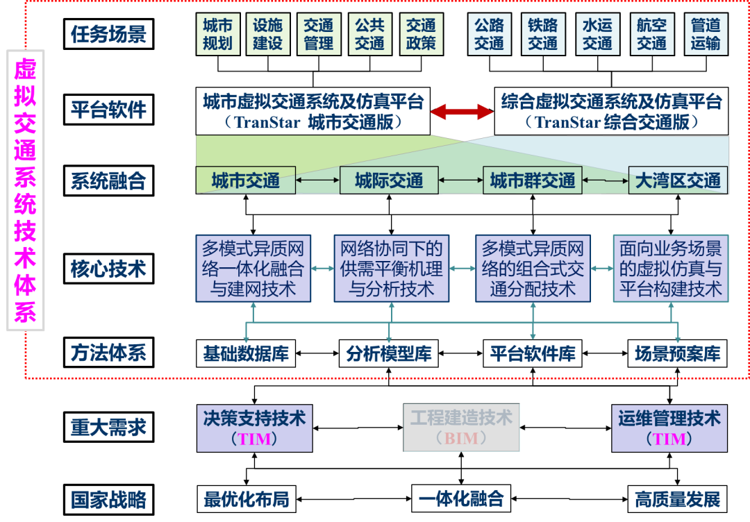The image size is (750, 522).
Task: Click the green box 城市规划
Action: pos(217,35)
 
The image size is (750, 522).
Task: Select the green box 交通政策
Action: pos(421,35)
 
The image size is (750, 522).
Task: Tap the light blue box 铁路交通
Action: pos(542,35)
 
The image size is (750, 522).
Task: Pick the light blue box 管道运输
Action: pos(706,35)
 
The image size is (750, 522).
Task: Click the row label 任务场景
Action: pos(108,35)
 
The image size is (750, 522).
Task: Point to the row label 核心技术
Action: pos(108,269)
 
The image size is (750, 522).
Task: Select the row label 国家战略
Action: pos(108,500)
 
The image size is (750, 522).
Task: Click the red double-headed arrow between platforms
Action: pos(461,111)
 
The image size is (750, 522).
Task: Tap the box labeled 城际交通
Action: pos(389,180)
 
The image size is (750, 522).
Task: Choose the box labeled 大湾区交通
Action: pos(678,180)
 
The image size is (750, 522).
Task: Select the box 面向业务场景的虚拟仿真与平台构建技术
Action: pos(670,269)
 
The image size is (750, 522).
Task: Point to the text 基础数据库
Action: pos(246,354)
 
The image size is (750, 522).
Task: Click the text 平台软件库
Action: pos(533,354)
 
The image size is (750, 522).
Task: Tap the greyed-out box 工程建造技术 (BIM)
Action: pos(461,428)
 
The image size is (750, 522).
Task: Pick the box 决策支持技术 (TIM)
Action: pos(254,428)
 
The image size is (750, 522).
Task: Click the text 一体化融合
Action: pos(461,499)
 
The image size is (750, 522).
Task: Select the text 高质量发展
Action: pos(678,499)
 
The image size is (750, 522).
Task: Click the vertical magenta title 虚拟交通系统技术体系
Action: pos(26,190)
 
